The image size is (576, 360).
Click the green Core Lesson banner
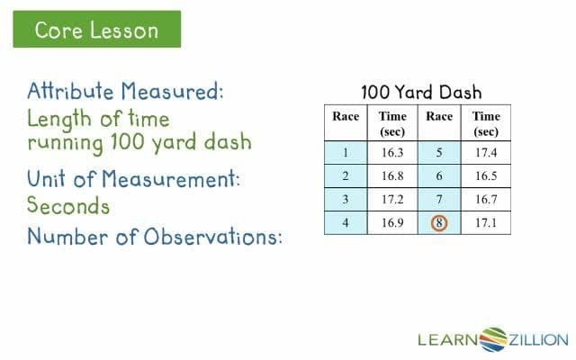96,30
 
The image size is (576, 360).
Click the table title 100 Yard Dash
421,92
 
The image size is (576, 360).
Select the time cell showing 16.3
392,153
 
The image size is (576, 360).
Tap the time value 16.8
392,175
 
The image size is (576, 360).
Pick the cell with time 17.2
392,198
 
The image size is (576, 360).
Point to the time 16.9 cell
392,221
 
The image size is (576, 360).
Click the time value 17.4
486,153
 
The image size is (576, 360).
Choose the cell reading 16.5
486,175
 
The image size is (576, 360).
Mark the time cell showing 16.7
486,198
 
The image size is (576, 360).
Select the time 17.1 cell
486,221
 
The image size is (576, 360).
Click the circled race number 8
439,221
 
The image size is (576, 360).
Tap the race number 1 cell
346,153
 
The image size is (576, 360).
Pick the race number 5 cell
439,153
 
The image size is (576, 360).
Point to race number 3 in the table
346,198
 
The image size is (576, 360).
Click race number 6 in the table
439,175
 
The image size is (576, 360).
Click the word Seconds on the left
68,206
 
